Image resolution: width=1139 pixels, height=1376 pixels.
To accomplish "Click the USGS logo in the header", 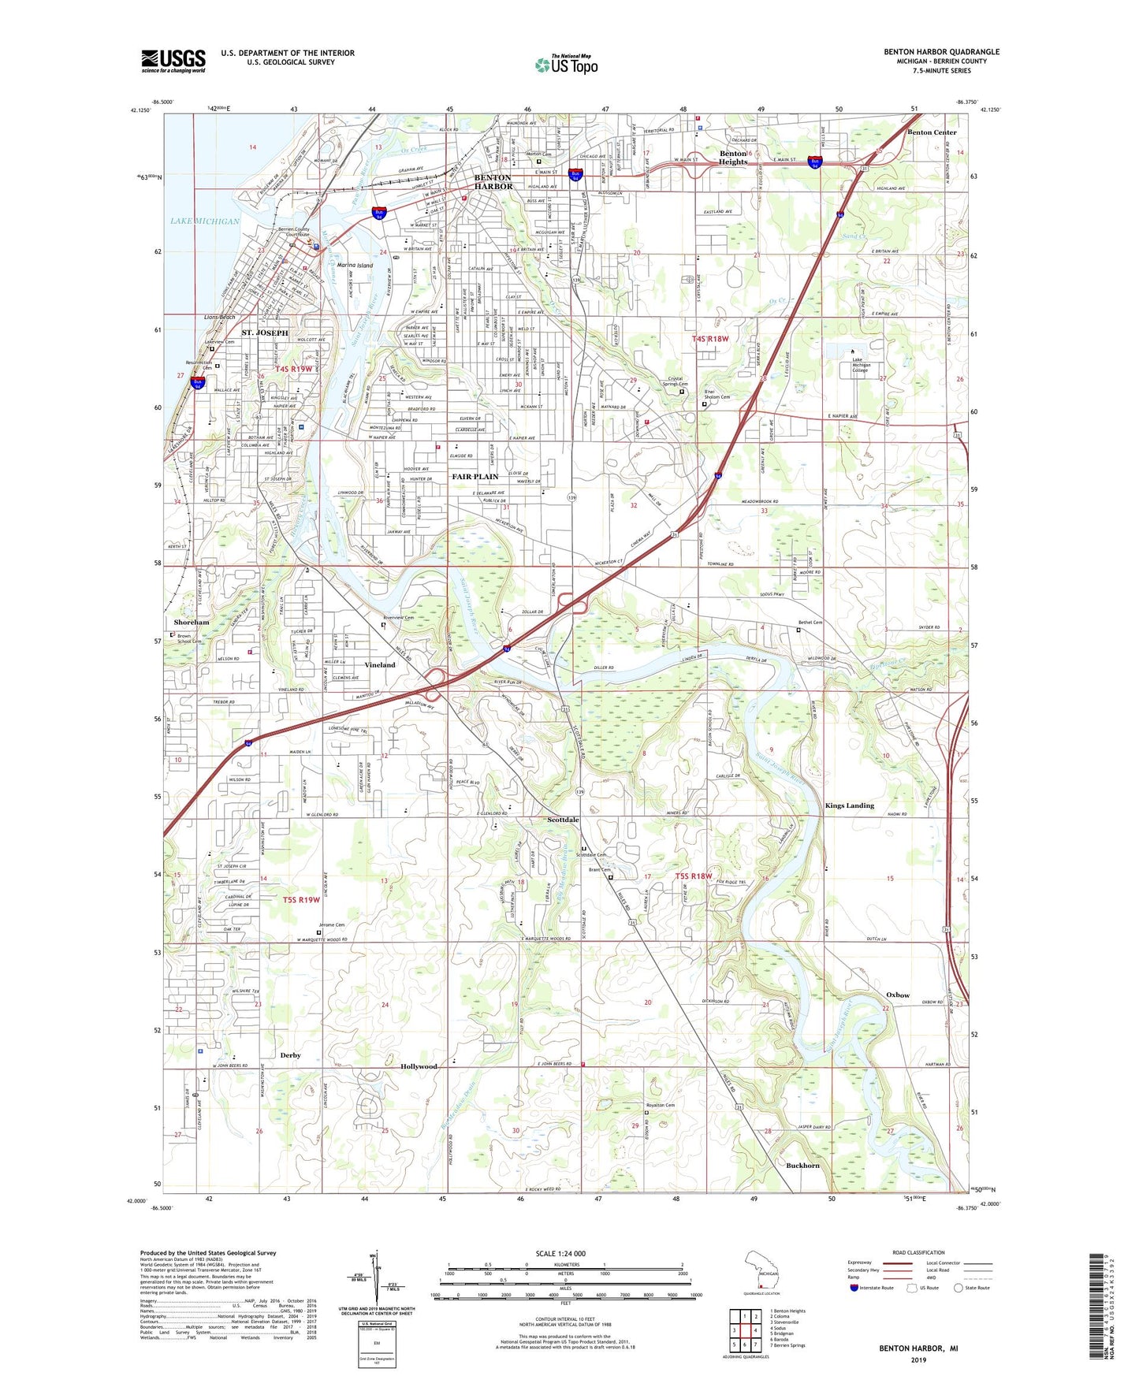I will point(173,61).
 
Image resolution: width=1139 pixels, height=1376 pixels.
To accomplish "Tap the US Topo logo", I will point(566,65).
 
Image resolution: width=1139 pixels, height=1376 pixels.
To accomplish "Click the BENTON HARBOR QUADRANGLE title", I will point(941,52).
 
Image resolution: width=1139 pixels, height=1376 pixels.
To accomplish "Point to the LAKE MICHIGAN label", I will point(205,221).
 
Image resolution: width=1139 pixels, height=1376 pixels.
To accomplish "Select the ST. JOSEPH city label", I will point(265,333).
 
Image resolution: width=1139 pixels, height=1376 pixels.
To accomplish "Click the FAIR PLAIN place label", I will point(475,477).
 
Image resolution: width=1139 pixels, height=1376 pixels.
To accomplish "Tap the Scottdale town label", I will point(563,820).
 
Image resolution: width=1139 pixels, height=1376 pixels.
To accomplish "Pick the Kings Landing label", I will point(849,805).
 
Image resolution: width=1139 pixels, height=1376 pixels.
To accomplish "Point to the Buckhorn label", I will point(802,1166).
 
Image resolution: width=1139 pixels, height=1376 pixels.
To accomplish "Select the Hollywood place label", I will point(419,1066).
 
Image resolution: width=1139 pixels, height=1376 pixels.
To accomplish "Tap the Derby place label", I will point(290,1055).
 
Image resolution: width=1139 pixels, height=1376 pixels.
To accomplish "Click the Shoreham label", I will point(191,623).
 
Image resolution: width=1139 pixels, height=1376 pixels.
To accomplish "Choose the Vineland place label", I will point(380,665).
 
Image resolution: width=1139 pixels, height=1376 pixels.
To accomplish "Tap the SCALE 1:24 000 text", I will point(560,1254).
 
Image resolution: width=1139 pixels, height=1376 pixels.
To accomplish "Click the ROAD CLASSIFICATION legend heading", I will point(918,1252).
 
